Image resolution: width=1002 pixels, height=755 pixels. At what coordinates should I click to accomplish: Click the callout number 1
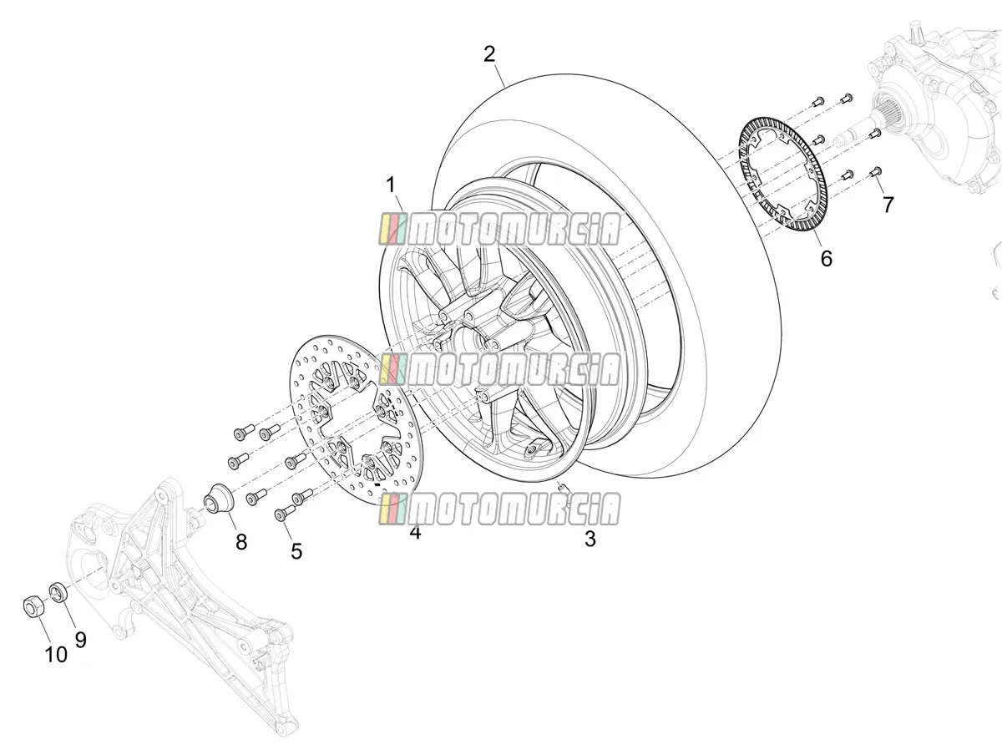click(390, 185)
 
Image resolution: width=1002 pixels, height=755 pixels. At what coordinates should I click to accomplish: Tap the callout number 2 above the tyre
click(489, 54)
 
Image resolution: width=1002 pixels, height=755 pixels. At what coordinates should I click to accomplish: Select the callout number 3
click(590, 539)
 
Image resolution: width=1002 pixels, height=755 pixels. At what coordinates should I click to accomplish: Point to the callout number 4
click(415, 532)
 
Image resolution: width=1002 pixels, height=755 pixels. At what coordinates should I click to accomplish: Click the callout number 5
click(296, 551)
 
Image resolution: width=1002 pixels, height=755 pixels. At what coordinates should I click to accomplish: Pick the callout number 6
click(827, 258)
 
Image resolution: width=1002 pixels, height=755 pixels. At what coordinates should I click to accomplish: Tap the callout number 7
click(888, 205)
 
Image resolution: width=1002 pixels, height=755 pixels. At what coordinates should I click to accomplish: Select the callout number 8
click(241, 542)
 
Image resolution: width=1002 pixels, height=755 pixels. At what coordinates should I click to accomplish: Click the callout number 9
click(80, 640)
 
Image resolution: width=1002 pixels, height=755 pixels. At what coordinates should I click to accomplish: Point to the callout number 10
click(56, 655)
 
